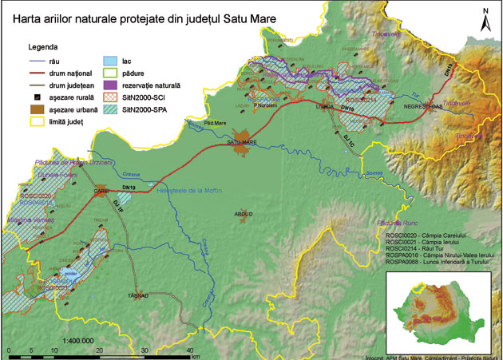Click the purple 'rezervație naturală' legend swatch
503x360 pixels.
(x=114, y=85)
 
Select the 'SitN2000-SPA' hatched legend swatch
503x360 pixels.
(x=114, y=110)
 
